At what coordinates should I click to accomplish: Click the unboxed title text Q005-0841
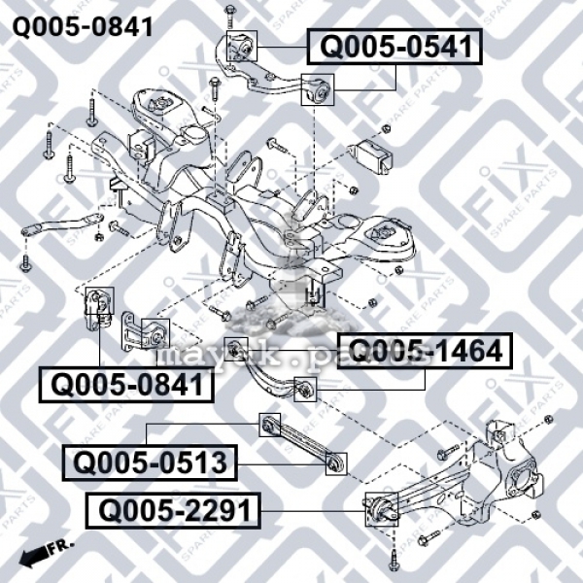coord(82,25)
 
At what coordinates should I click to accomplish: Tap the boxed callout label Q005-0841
coord(125,385)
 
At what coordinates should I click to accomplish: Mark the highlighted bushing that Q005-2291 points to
coord(378,508)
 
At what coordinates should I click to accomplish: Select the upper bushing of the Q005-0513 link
coord(271,425)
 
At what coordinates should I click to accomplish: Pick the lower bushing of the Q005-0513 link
coord(336,465)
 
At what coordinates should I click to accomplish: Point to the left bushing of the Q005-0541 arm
coord(240,46)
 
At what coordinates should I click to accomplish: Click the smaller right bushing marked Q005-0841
coord(154,332)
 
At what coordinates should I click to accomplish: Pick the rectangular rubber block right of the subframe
coord(372,155)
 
